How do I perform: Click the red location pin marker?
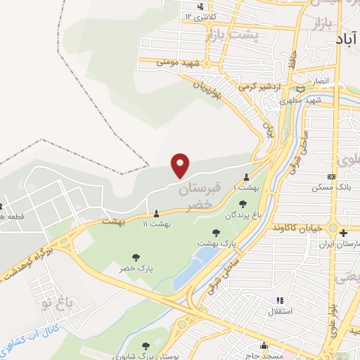181,165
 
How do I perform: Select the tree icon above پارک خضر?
135,257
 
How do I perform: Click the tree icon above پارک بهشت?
216,233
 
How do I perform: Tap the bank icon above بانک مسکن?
332,177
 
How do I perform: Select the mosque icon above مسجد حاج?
264,345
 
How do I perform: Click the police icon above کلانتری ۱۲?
201,7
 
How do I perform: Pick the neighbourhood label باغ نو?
57,304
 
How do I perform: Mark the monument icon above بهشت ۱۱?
156,212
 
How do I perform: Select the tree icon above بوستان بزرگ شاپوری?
146,345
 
